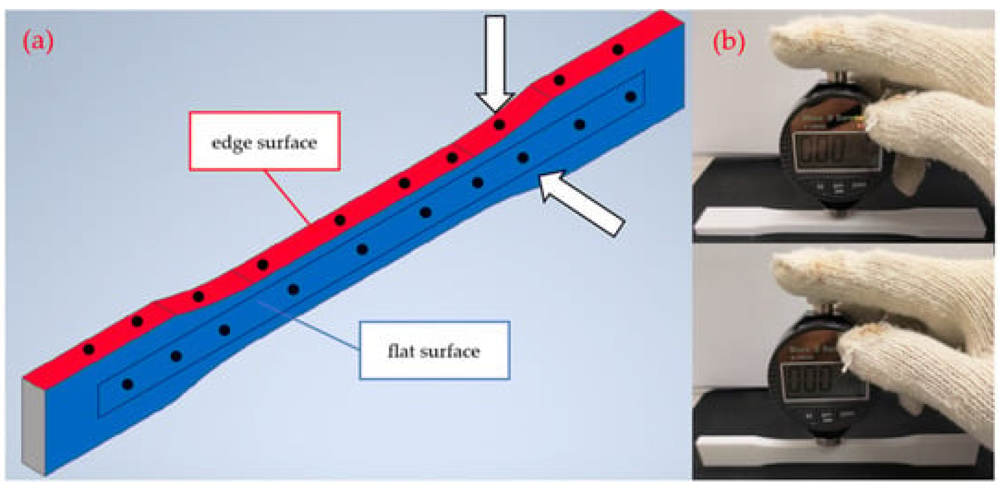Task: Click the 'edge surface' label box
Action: click(x=265, y=141)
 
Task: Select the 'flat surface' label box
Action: click(x=434, y=350)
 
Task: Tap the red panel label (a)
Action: click(x=38, y=42)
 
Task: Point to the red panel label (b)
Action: click(x=728, y=42)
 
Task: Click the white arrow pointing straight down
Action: click(x=495, y=62)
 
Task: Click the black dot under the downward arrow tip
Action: click(x=499, y=125)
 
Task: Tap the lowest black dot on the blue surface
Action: click(x=127, y=385)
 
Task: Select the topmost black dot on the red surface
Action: click(x=618, y=50)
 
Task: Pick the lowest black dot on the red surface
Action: click(x=89, y=349)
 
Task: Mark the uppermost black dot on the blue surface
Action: click(x=631, y=96)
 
